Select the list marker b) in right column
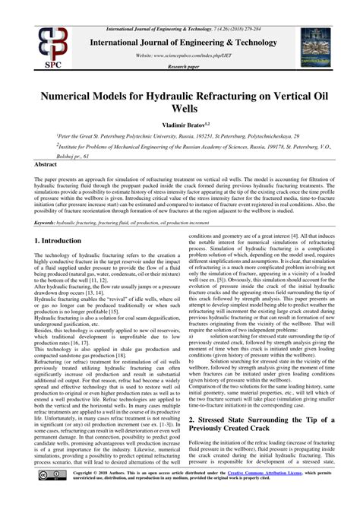point(191,371)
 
